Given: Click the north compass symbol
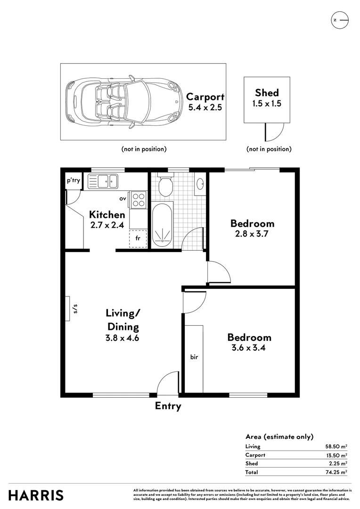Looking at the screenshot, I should (339, 20).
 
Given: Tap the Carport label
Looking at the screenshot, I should (205, 97).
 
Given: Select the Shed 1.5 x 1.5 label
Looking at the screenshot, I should (267, 98).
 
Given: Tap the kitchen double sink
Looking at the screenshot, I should (105, 180).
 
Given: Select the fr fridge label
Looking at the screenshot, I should (138, 238).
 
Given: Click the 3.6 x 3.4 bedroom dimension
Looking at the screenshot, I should (249, 348).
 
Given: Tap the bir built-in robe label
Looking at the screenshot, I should (194, 357).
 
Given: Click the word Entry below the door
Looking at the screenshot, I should (168, 406).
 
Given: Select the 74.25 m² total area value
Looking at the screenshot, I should (336, 472).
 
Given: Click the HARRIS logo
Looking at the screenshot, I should (36, 495).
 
